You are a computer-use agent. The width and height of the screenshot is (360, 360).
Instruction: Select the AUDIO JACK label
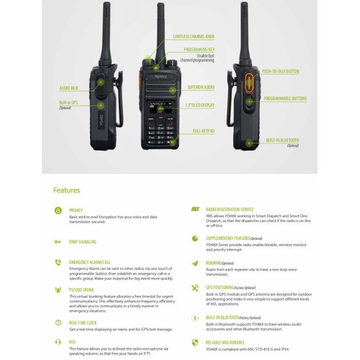click(x=69, y=88)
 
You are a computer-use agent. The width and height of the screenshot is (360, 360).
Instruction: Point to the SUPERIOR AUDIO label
click(x=200, y=87)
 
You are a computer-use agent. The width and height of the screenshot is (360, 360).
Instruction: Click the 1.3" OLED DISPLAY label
click(x=200, y=105)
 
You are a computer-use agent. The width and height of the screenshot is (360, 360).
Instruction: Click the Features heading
click(x=66, y=190)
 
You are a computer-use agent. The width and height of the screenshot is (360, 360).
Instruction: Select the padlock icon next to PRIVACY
click(x=58, y=211)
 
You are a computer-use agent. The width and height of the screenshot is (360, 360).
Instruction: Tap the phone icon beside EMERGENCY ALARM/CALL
click(x=58, y=262)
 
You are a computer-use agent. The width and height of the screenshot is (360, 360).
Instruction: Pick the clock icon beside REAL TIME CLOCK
click(x=58, y=322)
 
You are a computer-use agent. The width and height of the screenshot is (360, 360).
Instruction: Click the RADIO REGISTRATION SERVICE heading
click(x=230, y=210)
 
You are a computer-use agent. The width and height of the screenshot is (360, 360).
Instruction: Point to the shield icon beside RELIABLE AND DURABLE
click(x=194, y=342)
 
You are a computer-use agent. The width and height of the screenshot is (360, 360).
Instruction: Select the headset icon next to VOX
click(x=58, y=342)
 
